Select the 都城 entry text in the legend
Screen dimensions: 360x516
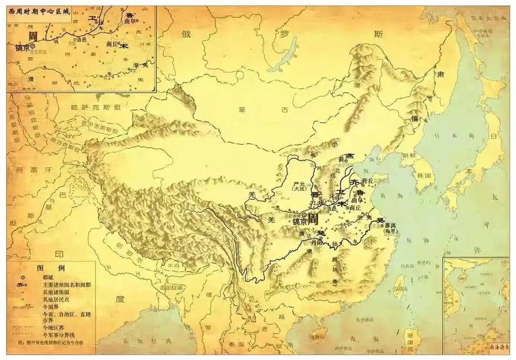pos(48,276)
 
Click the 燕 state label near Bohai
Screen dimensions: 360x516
pos(350,156)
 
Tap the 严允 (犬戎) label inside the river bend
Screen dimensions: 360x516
pos(300,186)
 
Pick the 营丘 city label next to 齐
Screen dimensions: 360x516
pos(368,180)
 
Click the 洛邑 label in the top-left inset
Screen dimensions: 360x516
pos(82,39)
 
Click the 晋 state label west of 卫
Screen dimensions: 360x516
pos(314,195)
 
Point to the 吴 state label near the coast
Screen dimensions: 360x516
pos(381,220)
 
